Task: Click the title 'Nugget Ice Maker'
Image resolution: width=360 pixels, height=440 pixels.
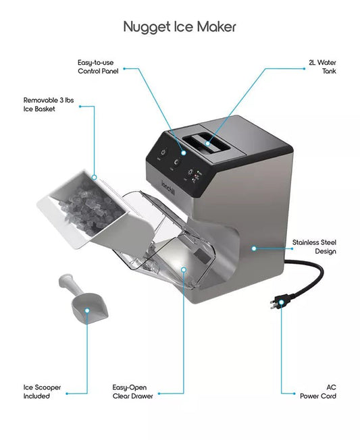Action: click(x=180, y=26)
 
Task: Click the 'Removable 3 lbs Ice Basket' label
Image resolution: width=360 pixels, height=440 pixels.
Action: click(x=49, y=103)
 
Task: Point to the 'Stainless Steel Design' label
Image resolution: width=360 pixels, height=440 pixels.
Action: click(x=313, y=246)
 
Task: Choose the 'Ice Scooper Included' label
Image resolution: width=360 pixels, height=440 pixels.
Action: click(x=43, y=391)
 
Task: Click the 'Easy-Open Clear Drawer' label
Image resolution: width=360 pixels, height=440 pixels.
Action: click(x=132, y=391)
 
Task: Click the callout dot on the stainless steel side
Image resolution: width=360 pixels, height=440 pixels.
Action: click(x=254, y=248)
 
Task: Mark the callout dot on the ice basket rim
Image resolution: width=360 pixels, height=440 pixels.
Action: click(x=95, y=178)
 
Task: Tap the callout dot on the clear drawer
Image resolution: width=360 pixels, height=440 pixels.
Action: click(x=183, y=269)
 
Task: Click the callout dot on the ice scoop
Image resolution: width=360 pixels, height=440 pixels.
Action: click(x=87, y=311)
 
